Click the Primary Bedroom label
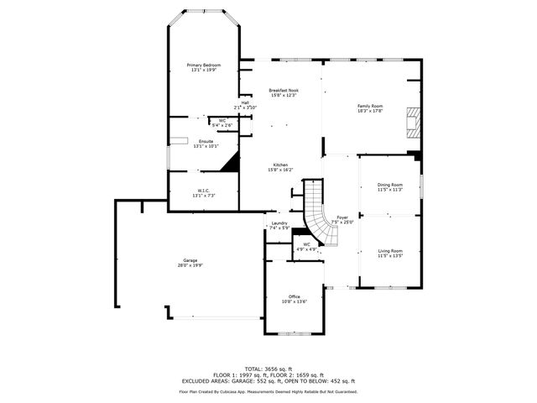203,65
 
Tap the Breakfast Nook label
284,90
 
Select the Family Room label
370,105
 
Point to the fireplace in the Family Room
411,122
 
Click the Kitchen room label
280,165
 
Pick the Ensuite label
206,141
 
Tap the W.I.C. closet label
204,190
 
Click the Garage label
190,260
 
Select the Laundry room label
279,223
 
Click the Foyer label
342,217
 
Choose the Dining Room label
390,185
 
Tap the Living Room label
390,251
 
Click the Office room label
295,296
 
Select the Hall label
245,102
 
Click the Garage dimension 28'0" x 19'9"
190,265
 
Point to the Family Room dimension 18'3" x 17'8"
370,110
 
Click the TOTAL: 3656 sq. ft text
268,369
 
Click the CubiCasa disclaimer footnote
268,391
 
